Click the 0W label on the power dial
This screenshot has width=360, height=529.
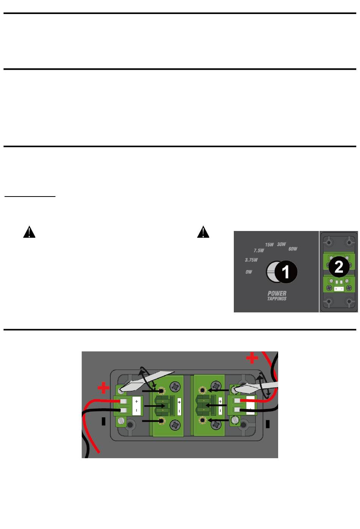point(249,272)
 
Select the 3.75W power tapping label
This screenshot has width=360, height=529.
point(251,260)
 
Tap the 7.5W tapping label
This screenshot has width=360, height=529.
point(258,251)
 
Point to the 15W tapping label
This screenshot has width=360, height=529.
point(269,245)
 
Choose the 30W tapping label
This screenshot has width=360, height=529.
point(281,245)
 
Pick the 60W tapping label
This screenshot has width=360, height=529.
point(293,249)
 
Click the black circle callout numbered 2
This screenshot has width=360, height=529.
point(338,267)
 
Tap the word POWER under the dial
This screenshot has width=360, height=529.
point(277,293)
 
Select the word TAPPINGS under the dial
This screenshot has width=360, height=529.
point(277,299)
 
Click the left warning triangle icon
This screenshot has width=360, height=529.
point(29,232)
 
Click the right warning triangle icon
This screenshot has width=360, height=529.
point(203,232)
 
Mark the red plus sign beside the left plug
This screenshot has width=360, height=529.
point(103,388)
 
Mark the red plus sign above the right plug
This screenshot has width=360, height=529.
point(252,358)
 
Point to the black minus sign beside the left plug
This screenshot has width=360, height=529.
point(103,421)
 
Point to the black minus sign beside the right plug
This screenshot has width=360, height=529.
point(268,424)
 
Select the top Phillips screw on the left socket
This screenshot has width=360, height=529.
point(175,387)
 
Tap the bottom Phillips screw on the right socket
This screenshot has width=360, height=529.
point(216,425)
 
